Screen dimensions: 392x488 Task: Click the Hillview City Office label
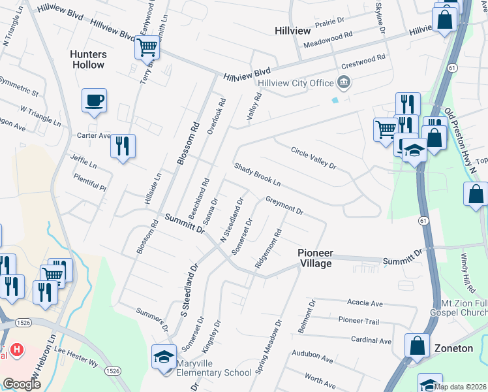[296, 83]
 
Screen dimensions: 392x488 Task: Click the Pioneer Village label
[316, 258]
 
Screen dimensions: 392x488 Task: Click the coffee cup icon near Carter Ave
[94, 101]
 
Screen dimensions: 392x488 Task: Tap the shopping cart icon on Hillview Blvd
[147, 47]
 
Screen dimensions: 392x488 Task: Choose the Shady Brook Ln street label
[257, 174]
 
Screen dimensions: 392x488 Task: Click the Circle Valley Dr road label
[313, 157]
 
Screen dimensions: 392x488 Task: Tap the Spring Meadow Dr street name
[269, 347]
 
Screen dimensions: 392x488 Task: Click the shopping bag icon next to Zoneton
[417, 346]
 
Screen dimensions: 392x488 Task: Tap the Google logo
[22, 384]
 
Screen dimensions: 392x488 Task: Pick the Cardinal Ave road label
[371, 340]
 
